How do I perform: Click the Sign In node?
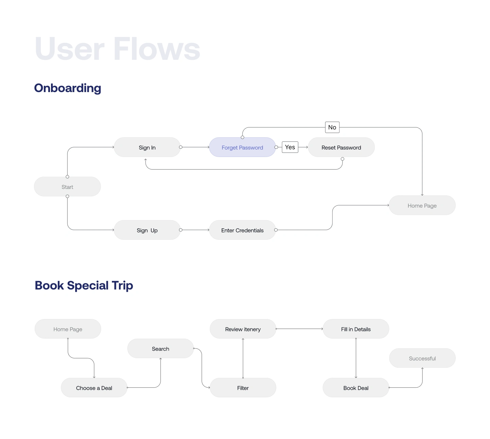click(x=147, y=147)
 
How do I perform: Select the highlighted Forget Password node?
click(x=242, y=147)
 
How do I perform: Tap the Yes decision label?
click(x=290, y=147)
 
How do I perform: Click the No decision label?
click(x=332, y=127)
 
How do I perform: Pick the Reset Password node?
click(x=341, y=147)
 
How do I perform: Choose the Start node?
click(x=67, y=187)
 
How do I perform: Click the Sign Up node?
click(x=147, y=230)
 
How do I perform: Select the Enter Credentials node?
click(x=242, y=230)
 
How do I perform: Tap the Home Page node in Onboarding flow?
click(x=422, y=206)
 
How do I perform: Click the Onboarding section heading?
click(x=68, y=88)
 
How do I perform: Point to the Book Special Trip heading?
click(x=84, y=285)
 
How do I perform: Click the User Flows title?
click(x=117, y=49)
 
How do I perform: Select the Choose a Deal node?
click(x=94, y=388)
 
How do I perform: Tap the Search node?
click(x=160, y=349)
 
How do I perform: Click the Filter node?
click(x=243, y=388)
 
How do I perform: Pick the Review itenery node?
click(x=243, y=329)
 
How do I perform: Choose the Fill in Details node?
click(x=356, y=329)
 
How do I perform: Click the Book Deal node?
click(x=356, y=388)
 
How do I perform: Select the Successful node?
click(x=422, y=358)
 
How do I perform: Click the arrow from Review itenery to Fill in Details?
click(x=299, y=329)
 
